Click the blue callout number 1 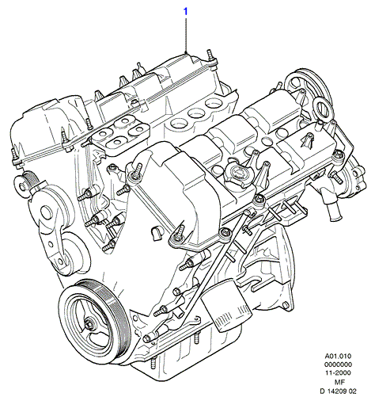(186, 12)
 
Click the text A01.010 (338, 357)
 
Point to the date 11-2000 (338, 372)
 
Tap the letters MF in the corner (338, 381)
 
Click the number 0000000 (338, 365)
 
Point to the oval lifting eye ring (321, 108)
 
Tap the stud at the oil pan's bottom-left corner (153, 363)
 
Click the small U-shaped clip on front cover (156, 234)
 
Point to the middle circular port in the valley (196, 114)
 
